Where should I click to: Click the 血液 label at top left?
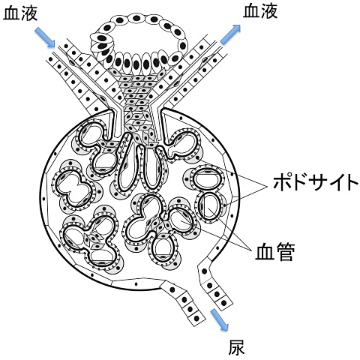(20, 13)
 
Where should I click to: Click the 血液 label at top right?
(260, 11)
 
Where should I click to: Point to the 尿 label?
(236, 347)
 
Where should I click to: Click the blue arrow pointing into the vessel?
(45, 37)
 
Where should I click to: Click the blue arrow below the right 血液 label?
(230, 34)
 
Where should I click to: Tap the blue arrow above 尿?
(220, 320)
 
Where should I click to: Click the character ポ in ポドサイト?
(281, 183)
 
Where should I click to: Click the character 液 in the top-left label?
(29, 13)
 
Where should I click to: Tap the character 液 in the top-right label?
(269, 11)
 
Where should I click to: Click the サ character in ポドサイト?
(315, 183)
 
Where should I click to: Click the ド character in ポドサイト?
(298, 183)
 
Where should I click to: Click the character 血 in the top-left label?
(11, 13)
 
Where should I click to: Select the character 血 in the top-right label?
(251, 11)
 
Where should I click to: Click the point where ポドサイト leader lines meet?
(266, 185)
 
